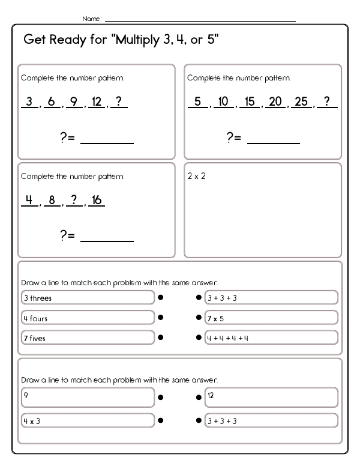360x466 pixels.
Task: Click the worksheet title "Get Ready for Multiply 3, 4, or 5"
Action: [x=121, y=40]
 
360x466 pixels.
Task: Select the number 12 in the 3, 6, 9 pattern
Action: [x=96, y=101]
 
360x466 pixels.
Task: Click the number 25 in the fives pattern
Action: [x=301, y=101]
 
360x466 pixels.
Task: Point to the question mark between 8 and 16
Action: [x=74, y=200]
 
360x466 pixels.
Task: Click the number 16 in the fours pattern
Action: [x=96, y=200]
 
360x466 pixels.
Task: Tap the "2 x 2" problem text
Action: [x=196, y=177]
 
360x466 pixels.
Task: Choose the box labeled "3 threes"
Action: [x=87, y=297]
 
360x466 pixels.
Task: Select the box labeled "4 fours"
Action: [x=87, y=318]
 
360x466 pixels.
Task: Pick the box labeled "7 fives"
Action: [x=87, y=337]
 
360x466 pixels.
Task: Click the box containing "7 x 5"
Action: [x=271, y=318]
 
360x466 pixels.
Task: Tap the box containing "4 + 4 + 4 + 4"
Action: [x=271, y=337]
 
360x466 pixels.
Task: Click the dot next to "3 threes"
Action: [x=161, y=297]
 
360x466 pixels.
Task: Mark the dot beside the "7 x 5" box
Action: [x=199, y=318]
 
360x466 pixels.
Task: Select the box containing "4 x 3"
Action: [x=87, y=420]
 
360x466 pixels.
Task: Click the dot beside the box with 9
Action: [x=161, y=397]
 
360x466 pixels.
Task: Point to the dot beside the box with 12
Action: [x=199, y=397]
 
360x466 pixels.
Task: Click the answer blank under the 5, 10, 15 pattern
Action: [x=274, y=142]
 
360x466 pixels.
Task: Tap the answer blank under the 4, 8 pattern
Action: [x=107, y=240]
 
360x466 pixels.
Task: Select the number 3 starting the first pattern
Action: [x=28, y=101]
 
